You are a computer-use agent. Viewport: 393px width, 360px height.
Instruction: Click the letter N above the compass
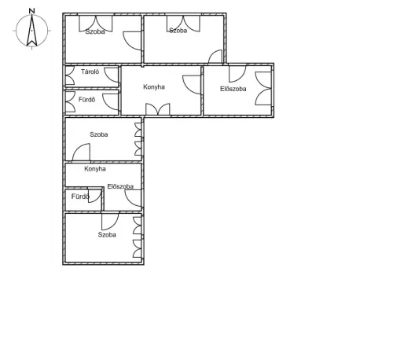tap(32, 11)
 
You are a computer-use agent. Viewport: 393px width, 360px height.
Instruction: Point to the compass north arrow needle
tap(31, 30)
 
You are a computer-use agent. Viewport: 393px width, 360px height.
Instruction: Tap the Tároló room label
tap(90, 72)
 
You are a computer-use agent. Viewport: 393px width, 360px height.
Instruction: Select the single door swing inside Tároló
tap(112, 75)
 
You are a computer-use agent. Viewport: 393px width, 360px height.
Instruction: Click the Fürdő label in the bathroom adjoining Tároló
tap(86, 100)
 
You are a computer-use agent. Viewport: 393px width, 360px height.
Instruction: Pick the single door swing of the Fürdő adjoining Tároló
tap(111, 101)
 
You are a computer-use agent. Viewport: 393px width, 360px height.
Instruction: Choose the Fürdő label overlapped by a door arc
tap(80, 197)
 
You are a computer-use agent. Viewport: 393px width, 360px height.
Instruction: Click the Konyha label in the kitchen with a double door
tap(154, 86)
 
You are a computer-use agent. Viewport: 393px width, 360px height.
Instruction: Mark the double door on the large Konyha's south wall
tap(158, 109)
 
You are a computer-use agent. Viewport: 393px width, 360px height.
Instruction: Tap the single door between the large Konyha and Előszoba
tap(192, 85)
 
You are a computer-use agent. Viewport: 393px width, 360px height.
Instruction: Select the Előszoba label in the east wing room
tap(233, 89)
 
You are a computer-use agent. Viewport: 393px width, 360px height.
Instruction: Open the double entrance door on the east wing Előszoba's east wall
tap(263, 89)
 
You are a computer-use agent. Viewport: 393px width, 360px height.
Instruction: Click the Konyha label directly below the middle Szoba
tap(95, 169)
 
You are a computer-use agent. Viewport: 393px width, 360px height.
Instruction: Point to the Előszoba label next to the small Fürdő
tap(120, 186)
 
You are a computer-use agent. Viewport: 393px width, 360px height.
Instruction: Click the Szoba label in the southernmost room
tap(107, 234)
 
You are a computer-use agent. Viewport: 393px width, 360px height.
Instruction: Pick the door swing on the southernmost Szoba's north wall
tap(110, 222)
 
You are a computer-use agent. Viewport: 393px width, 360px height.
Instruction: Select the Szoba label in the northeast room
tap(178, 31)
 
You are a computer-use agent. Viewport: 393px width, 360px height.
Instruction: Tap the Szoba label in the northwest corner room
tap(95, 31)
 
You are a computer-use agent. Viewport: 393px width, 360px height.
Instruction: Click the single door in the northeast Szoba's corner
tap(215, 57)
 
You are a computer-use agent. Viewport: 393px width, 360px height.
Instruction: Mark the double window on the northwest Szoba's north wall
tap(96, 24)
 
